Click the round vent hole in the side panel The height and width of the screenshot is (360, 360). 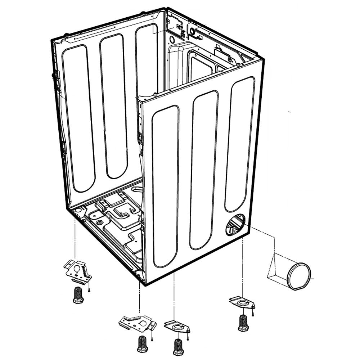coord(235,225)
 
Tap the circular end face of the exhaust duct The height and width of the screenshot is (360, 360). coord(298,276)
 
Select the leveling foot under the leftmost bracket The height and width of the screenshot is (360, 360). coord(78,295)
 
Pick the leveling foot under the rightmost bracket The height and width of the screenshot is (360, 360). coord(243,323)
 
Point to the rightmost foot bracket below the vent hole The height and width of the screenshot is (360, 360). coord(242,302)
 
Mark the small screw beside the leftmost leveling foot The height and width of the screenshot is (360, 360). coord(89,290)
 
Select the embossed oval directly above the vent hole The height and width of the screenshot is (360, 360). coord(240,144)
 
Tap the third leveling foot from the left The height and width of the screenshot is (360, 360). coord(178,347)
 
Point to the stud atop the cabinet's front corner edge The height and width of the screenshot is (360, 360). coord(155,94)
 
